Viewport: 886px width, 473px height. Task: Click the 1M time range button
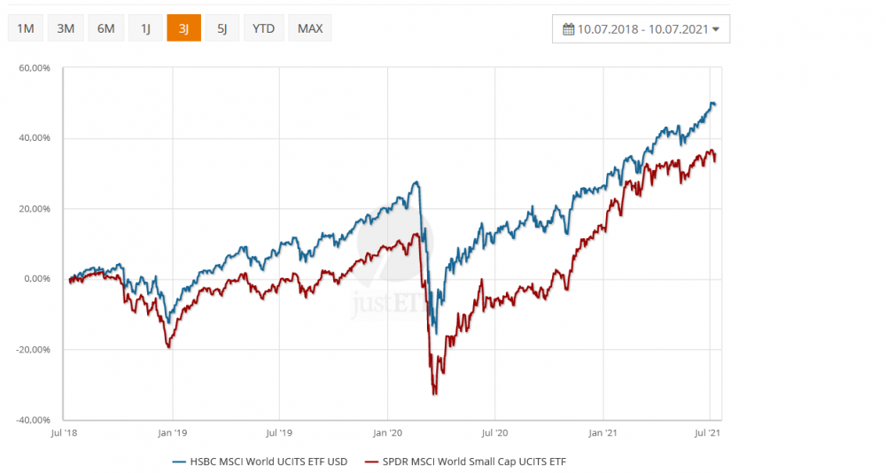click(26, 28)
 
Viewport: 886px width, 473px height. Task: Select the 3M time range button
click(66, 28)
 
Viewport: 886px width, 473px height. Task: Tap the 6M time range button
click(106, 28)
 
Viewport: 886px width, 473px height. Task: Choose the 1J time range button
click(145, 28)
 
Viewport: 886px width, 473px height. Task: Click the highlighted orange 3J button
click(183, 28)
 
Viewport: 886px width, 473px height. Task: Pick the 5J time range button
click(222, 28)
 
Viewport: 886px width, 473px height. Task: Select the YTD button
click(263, 28)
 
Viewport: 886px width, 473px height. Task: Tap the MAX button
click(310, 28)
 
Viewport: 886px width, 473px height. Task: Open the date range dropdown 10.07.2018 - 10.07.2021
click(641, 28)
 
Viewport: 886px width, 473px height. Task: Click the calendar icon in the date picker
click(569, 28)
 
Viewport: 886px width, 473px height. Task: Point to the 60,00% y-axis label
click(35, 68)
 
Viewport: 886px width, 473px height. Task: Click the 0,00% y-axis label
click(37, 279)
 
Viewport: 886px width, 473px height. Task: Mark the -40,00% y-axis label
click(34, 420)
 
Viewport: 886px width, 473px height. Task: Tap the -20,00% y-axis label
click(34, 349)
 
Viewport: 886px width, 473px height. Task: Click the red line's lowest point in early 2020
click(434, 393)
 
